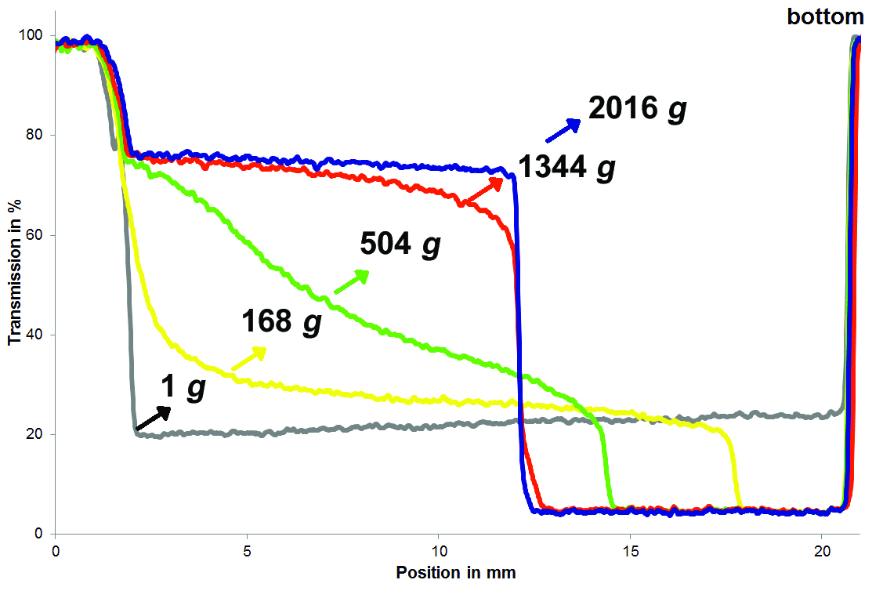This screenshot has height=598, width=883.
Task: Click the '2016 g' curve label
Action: (637, 109)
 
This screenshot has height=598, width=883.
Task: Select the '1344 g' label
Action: (566, 168)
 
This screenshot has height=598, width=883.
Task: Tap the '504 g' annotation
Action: (400, 245)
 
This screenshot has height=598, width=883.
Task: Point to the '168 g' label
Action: (282, 321)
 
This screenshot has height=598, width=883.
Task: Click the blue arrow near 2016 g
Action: (563, 131)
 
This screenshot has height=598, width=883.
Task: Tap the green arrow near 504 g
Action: (352, 282)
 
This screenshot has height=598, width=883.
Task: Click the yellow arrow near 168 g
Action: (249, 358)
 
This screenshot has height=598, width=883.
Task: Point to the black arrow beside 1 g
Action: (152, 418)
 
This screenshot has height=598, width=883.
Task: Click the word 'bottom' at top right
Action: (825, 16)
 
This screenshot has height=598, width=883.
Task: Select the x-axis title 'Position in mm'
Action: (456, 573)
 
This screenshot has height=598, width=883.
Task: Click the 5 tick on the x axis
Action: (247, 550)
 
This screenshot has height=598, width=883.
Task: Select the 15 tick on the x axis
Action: (631, 550)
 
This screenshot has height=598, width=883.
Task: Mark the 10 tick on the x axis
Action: (439, 550)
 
